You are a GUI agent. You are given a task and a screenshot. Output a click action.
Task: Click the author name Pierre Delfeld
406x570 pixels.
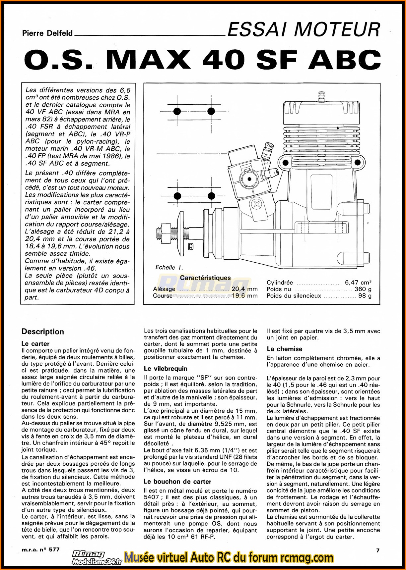click(47, 33)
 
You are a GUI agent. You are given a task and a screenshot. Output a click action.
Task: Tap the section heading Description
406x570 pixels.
click(42, 332)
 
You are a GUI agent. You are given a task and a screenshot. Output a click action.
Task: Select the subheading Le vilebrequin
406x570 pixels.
click(166, 369)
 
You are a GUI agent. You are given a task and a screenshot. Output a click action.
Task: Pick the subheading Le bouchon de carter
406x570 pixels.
click(177, 482)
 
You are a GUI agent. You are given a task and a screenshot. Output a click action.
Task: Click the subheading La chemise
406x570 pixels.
click(285, 349)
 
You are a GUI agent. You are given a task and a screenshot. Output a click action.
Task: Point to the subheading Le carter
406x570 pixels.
click(35, 344)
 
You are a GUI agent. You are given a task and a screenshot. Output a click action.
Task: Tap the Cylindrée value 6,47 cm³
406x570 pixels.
click(358, 283)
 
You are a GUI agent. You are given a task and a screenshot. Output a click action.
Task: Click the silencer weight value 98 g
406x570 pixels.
click(365, 296)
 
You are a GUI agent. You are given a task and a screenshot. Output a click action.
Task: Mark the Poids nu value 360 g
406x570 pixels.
click(363, 289)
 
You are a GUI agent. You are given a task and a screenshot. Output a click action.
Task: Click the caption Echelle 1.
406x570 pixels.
click(169, 267)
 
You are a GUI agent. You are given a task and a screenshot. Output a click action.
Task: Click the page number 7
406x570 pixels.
click(377, 550)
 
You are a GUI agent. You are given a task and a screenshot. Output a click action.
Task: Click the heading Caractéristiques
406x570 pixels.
click(205, 278)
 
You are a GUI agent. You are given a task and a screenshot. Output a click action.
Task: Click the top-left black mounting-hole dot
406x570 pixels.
click(177, 111)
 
